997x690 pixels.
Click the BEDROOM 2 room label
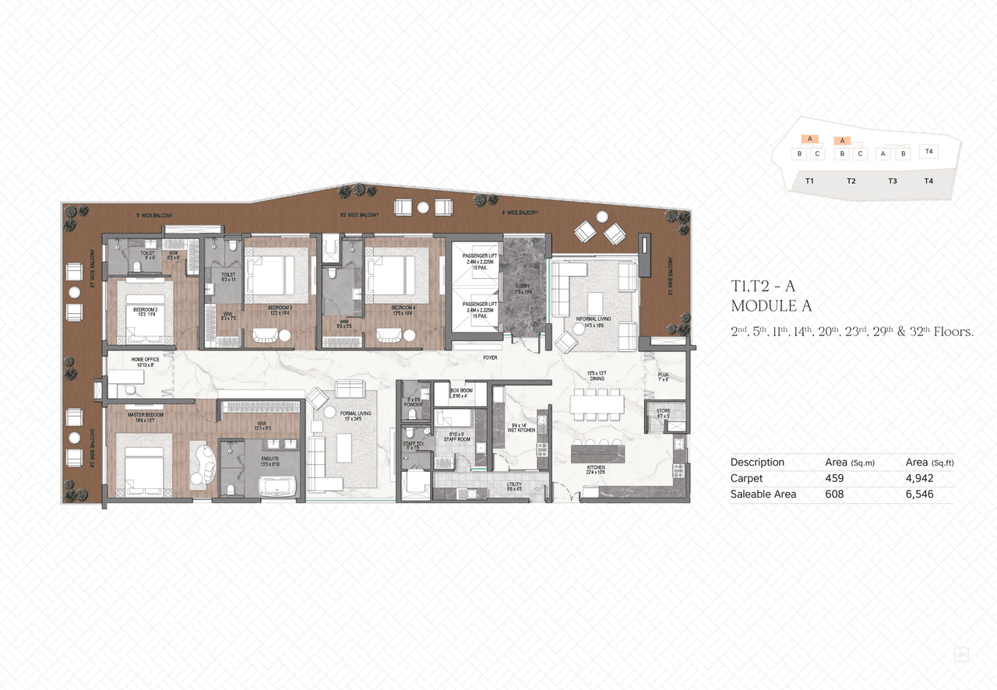(x=145, y=309)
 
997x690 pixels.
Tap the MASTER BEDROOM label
(x=145, y=415)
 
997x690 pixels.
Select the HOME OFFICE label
(x=146, y=359)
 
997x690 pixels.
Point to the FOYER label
(x=490, y=358)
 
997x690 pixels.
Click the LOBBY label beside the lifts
(x=522, y=286)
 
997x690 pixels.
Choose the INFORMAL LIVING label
(x=594, y=319)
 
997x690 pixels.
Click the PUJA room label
(x=663, y=375)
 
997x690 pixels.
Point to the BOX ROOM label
(x=462, y=391)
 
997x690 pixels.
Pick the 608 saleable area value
(x=834, y=494)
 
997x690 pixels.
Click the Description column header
(x=757, y=462)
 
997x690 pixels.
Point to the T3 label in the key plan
(x=892, y=181)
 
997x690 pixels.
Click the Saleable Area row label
(x=763, y=494)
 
